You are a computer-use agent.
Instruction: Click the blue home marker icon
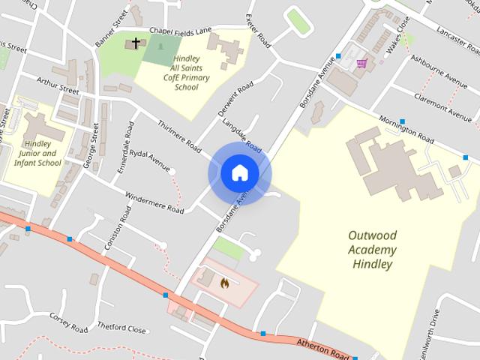(x=239, y=173)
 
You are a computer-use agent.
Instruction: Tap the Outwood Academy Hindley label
(x=371, y=250)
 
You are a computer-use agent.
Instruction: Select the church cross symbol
(x=136, y=43)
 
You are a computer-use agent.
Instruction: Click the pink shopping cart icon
(x=361, y=64)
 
